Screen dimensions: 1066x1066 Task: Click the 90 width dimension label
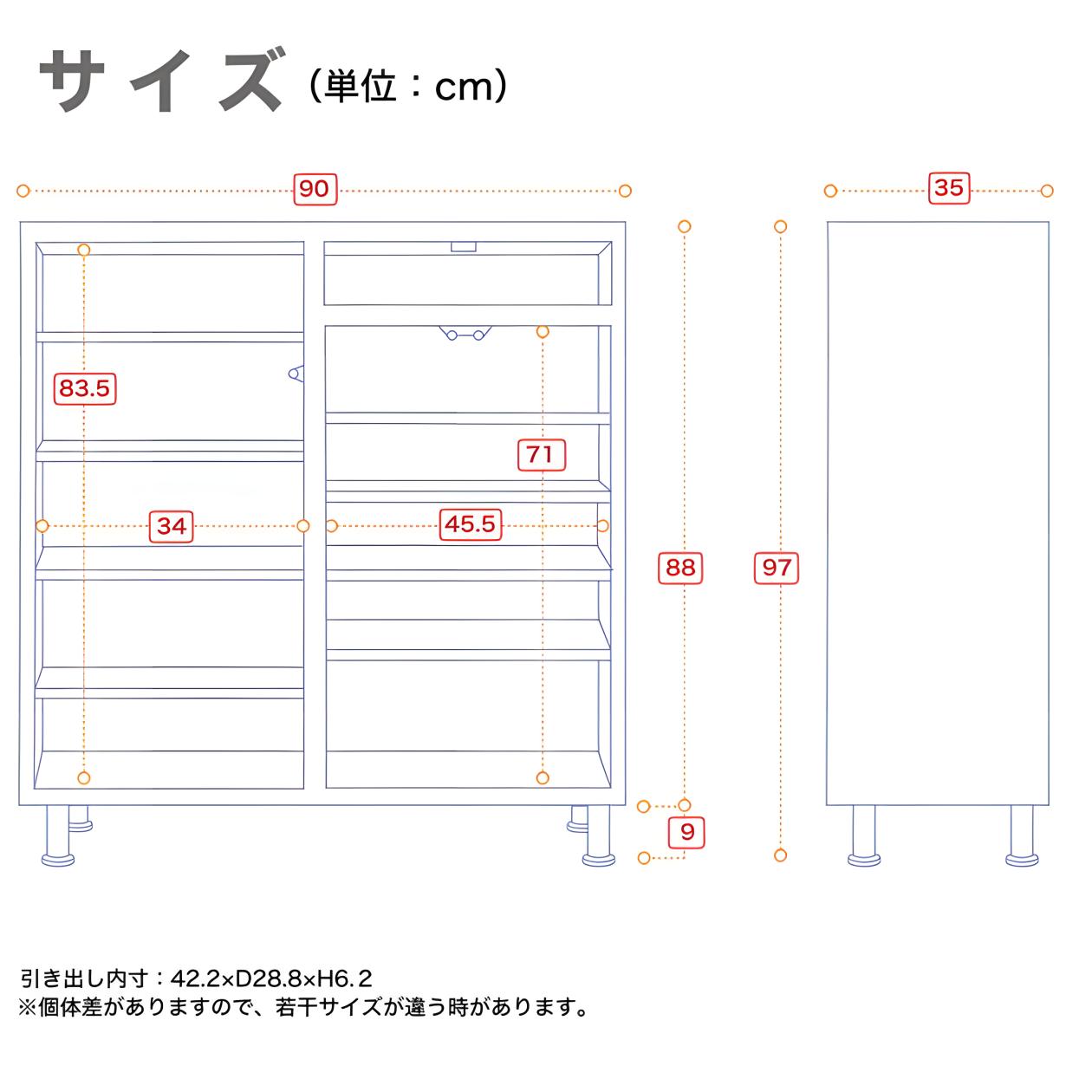click(x=315, y=189)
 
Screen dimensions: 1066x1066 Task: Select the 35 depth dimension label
click(x=949, y=188)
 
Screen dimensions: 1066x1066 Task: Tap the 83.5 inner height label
click(x=85, y=388)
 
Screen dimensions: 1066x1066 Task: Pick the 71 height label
click(x=541, y=455)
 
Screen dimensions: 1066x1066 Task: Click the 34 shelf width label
click(x=172, y=526)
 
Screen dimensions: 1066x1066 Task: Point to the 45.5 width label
click(x=471, y=524)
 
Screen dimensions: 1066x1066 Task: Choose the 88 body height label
click(x=679, y=568)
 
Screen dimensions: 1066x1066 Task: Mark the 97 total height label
click(x=777, y=568)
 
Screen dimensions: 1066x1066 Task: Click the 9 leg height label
click(x=686, y=832)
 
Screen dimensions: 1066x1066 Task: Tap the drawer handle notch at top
click(x=463, y=247)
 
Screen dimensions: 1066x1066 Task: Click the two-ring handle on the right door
click(x=465, y=333)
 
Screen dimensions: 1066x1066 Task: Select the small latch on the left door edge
click(x=296, y=374)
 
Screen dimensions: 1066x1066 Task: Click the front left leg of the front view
click(x=57, y=835)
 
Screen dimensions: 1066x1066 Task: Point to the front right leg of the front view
click(x=599, y=835)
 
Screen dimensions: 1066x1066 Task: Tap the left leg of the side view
click(x=863, y=835)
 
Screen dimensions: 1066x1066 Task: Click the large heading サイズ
click(x=161, y=81)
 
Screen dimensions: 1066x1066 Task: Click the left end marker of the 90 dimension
click(x=23, y=191)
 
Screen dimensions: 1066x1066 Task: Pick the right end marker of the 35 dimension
click(x=1047, y=191)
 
